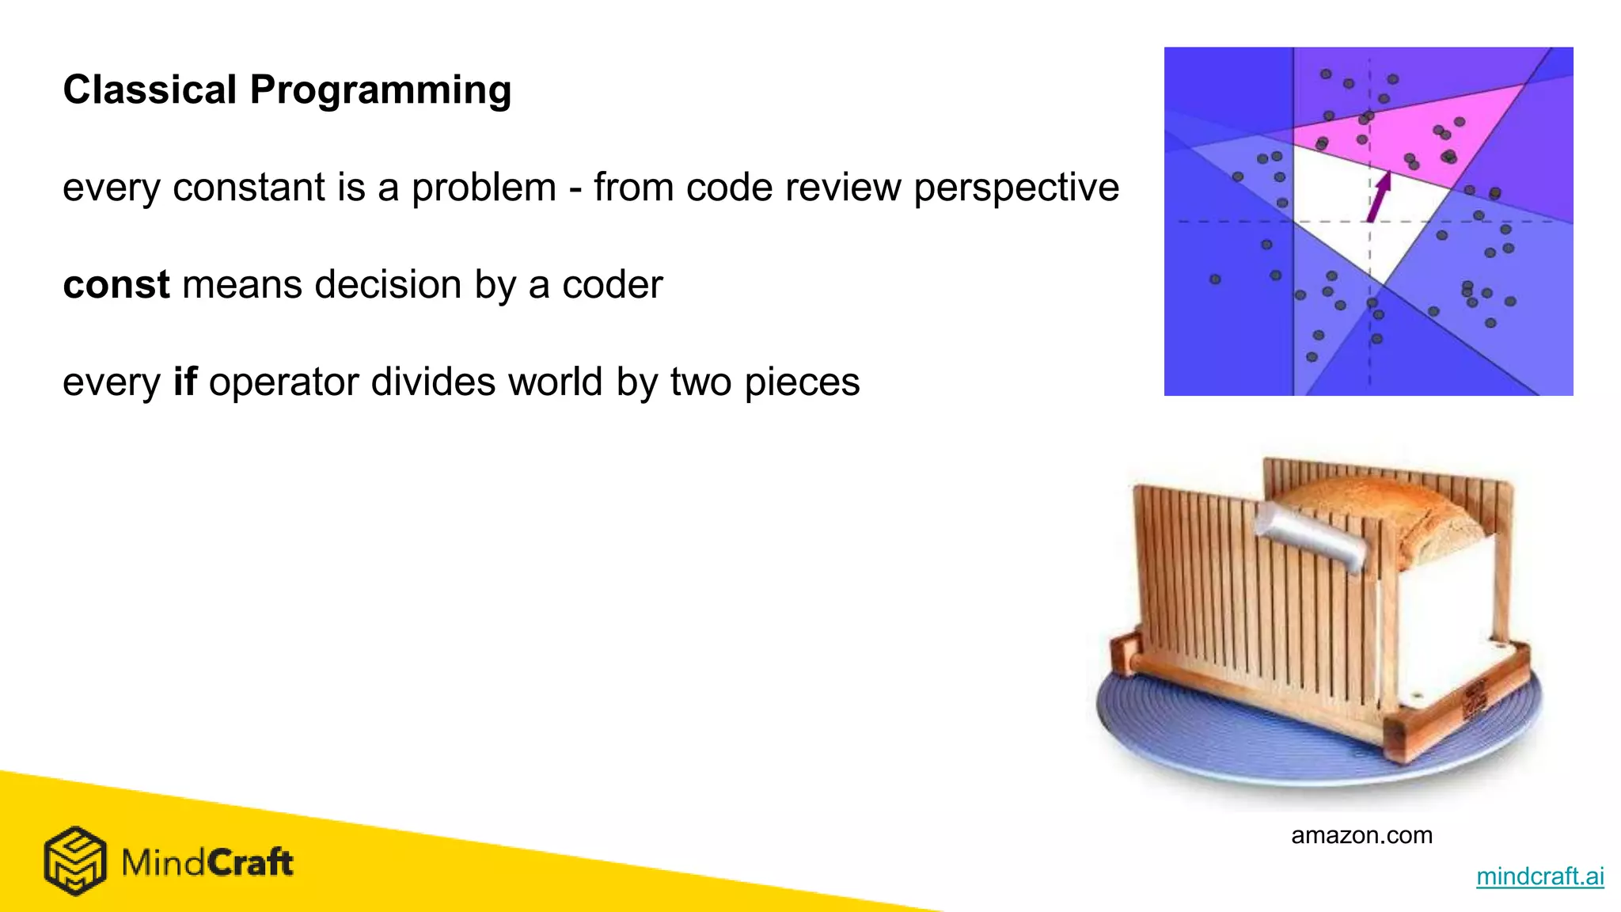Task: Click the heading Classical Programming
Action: [287, 89]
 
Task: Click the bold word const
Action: [116, 284]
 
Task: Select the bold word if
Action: [184, 382]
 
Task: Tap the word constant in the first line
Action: [248, 188]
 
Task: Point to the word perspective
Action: [1016, 188]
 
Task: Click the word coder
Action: [612, 284]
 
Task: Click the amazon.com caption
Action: [1361, 835]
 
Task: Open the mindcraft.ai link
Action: [1539, 876]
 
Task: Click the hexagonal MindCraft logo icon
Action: [74, 861]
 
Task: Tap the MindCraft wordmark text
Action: [207, 862]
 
